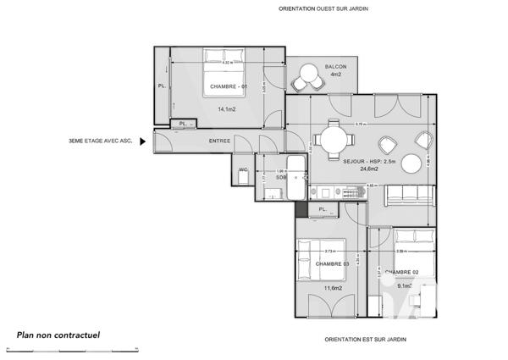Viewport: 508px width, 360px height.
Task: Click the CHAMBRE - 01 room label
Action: [x=228, y=87]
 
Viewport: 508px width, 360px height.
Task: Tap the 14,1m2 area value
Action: [x=227, y=109]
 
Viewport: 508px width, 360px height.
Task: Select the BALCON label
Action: [x=335, y=67]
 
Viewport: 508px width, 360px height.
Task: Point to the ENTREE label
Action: [x=219, y=141]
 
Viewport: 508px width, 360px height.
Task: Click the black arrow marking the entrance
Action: [x=143, y=141]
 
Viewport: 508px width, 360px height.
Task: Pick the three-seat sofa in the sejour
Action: [x=411, y=194]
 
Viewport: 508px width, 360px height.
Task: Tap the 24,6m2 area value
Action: [x=366, y=169]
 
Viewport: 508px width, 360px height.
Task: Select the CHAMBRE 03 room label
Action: [x=332, y=264]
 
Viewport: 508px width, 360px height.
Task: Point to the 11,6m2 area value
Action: [x=332, y=288]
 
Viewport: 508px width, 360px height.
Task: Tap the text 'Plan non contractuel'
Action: [x=58, y=335]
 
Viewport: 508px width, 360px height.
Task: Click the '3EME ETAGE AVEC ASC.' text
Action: [x=101, y=141]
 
